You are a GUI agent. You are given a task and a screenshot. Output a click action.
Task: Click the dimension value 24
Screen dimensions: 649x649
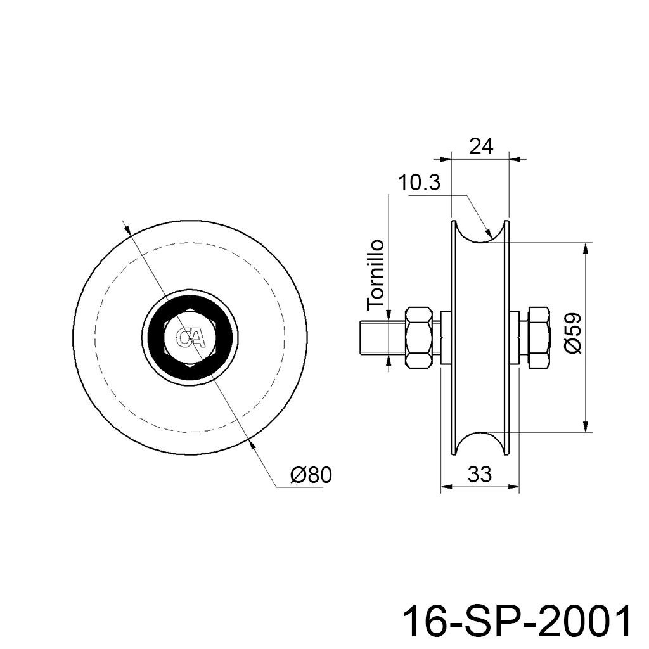[x=482, y=146]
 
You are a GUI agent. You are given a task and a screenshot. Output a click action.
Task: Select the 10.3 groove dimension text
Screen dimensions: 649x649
[x=420, y=183]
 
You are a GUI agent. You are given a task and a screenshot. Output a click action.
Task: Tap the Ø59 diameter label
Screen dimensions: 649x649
[x=573, y=333]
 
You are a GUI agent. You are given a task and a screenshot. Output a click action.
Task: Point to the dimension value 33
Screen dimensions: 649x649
[x=480, y=474]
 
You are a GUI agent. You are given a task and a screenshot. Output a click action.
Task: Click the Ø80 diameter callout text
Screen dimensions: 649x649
[x=311, y=475]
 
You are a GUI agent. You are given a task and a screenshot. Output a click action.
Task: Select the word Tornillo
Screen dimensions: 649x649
[x=376, y=274]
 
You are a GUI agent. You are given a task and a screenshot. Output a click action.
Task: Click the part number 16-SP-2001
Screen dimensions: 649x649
[x=518, y=622]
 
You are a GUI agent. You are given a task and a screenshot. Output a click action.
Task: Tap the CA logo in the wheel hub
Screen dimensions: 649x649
[x=190, y=337]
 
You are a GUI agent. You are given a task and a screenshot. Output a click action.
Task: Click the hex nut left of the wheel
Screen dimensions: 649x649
[x=420, y=337]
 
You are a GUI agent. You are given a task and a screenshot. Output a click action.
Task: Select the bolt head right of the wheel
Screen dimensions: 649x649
[x=539, y=337]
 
